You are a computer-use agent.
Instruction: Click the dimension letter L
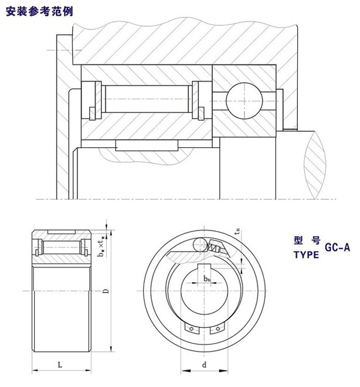[x=60, y=364]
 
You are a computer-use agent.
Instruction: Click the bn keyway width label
[x=207, y=280]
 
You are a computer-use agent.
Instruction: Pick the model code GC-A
[x=337, y=247]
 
